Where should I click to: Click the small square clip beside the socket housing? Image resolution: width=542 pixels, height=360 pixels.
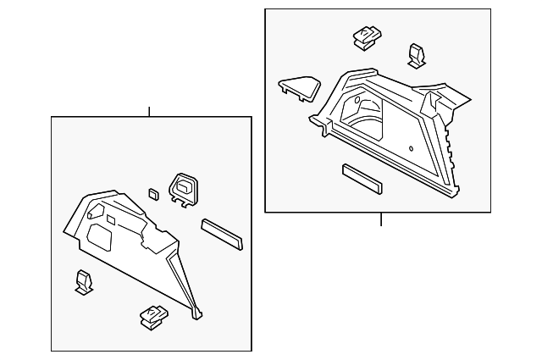pos(152,192)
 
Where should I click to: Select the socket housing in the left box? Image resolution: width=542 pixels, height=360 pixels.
pos(184,189)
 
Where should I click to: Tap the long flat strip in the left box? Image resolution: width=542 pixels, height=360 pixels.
pos(222,234)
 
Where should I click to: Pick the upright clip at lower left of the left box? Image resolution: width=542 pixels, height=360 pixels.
pos(84,281)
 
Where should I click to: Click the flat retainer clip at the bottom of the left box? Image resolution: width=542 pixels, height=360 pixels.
pos(153,315)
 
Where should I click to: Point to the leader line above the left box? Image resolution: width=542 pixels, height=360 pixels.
pos(149,111)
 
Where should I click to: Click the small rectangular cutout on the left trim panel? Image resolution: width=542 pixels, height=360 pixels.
pos(110,219)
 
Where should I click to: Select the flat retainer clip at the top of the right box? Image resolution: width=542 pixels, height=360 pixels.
pos(366,36)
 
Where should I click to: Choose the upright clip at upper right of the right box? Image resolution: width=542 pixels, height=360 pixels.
pos(417,54)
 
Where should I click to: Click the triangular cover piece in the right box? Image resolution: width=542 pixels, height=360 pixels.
pos(299,87)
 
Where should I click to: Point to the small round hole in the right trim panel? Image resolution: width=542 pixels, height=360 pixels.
pos(411,149)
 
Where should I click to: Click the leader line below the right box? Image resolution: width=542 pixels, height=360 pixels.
pos(381,219)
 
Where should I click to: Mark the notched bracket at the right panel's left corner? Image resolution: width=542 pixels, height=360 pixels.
pos(323,125)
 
